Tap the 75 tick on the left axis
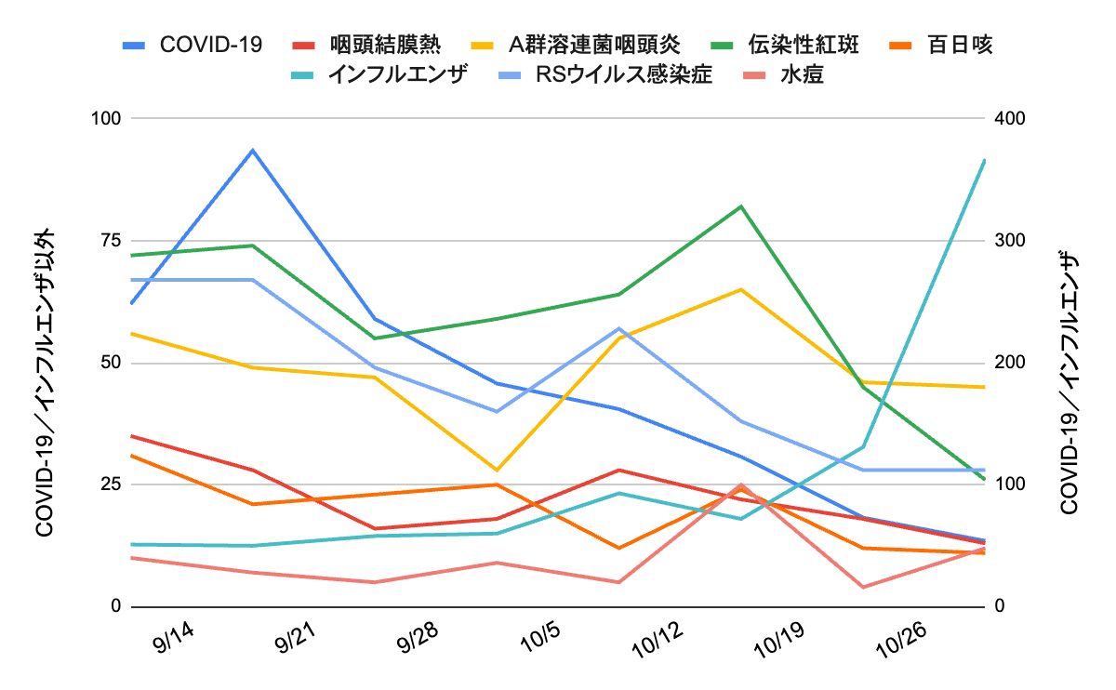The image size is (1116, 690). click(x=110, y=240)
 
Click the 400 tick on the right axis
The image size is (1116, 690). click(x=1009, y=118)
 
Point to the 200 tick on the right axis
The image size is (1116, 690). click(x=1009, y=363)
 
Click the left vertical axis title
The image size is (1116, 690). click(x=44, y=381)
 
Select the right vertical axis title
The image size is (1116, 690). click(x=1069, y=381)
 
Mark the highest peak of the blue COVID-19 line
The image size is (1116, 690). click(x=253, y=150)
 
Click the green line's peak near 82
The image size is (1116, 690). click(x=741, y=206)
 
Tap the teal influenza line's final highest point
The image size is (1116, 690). click(x=985, y=160)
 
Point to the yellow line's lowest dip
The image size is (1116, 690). click(x=497, y=470)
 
